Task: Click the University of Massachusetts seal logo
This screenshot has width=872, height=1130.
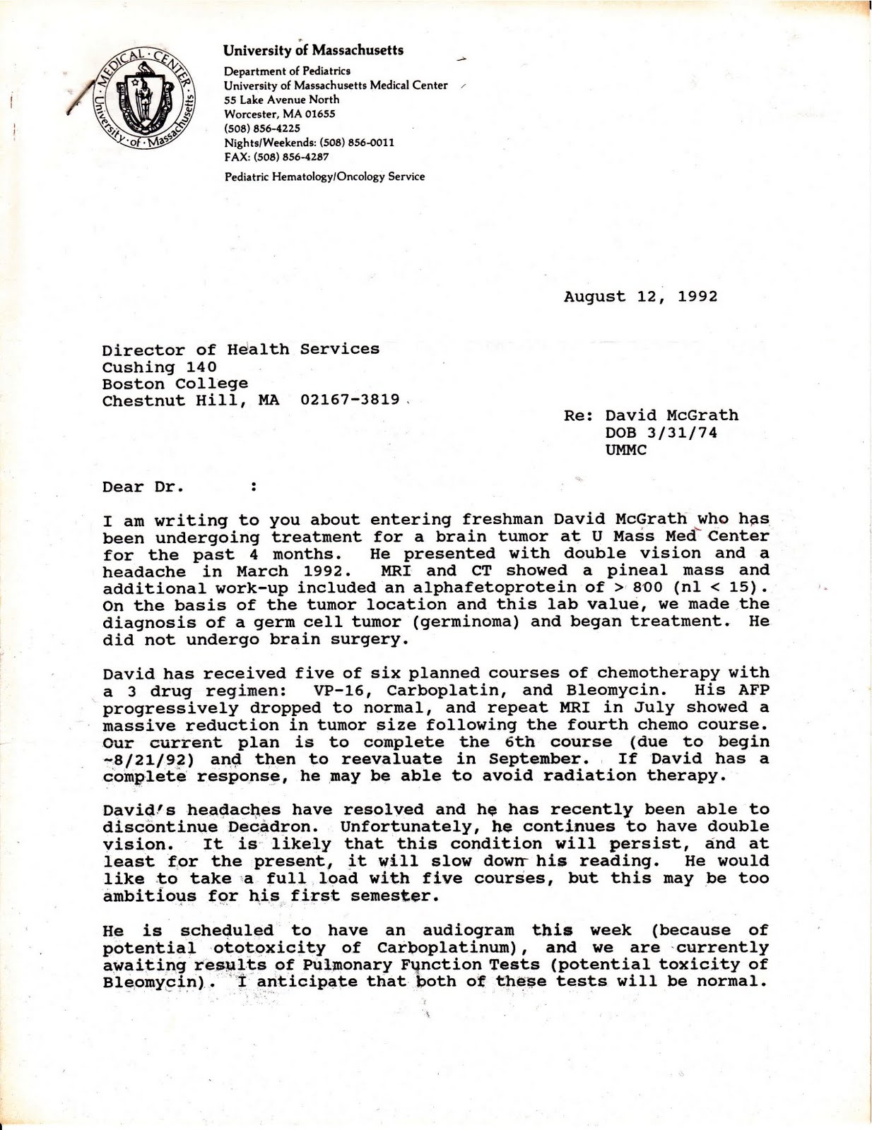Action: coord(146,100)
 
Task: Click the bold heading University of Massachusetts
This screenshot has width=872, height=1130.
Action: coord(313,50)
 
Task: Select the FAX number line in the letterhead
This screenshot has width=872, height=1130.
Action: coord(276,157)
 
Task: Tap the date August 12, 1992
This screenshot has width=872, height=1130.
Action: coord(640,297)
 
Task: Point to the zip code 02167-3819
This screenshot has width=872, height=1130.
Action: coord(350,400)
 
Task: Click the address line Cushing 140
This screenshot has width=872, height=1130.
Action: coord(159,367)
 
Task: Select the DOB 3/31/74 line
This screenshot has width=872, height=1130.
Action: coord(661,433)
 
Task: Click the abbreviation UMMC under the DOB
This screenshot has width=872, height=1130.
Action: coord(625,450)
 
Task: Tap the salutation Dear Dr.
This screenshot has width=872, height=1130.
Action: coord(143,487)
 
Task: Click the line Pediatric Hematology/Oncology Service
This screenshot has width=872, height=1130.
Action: coord(324,177)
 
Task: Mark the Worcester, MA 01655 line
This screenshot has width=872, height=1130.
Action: coord(279,114)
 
